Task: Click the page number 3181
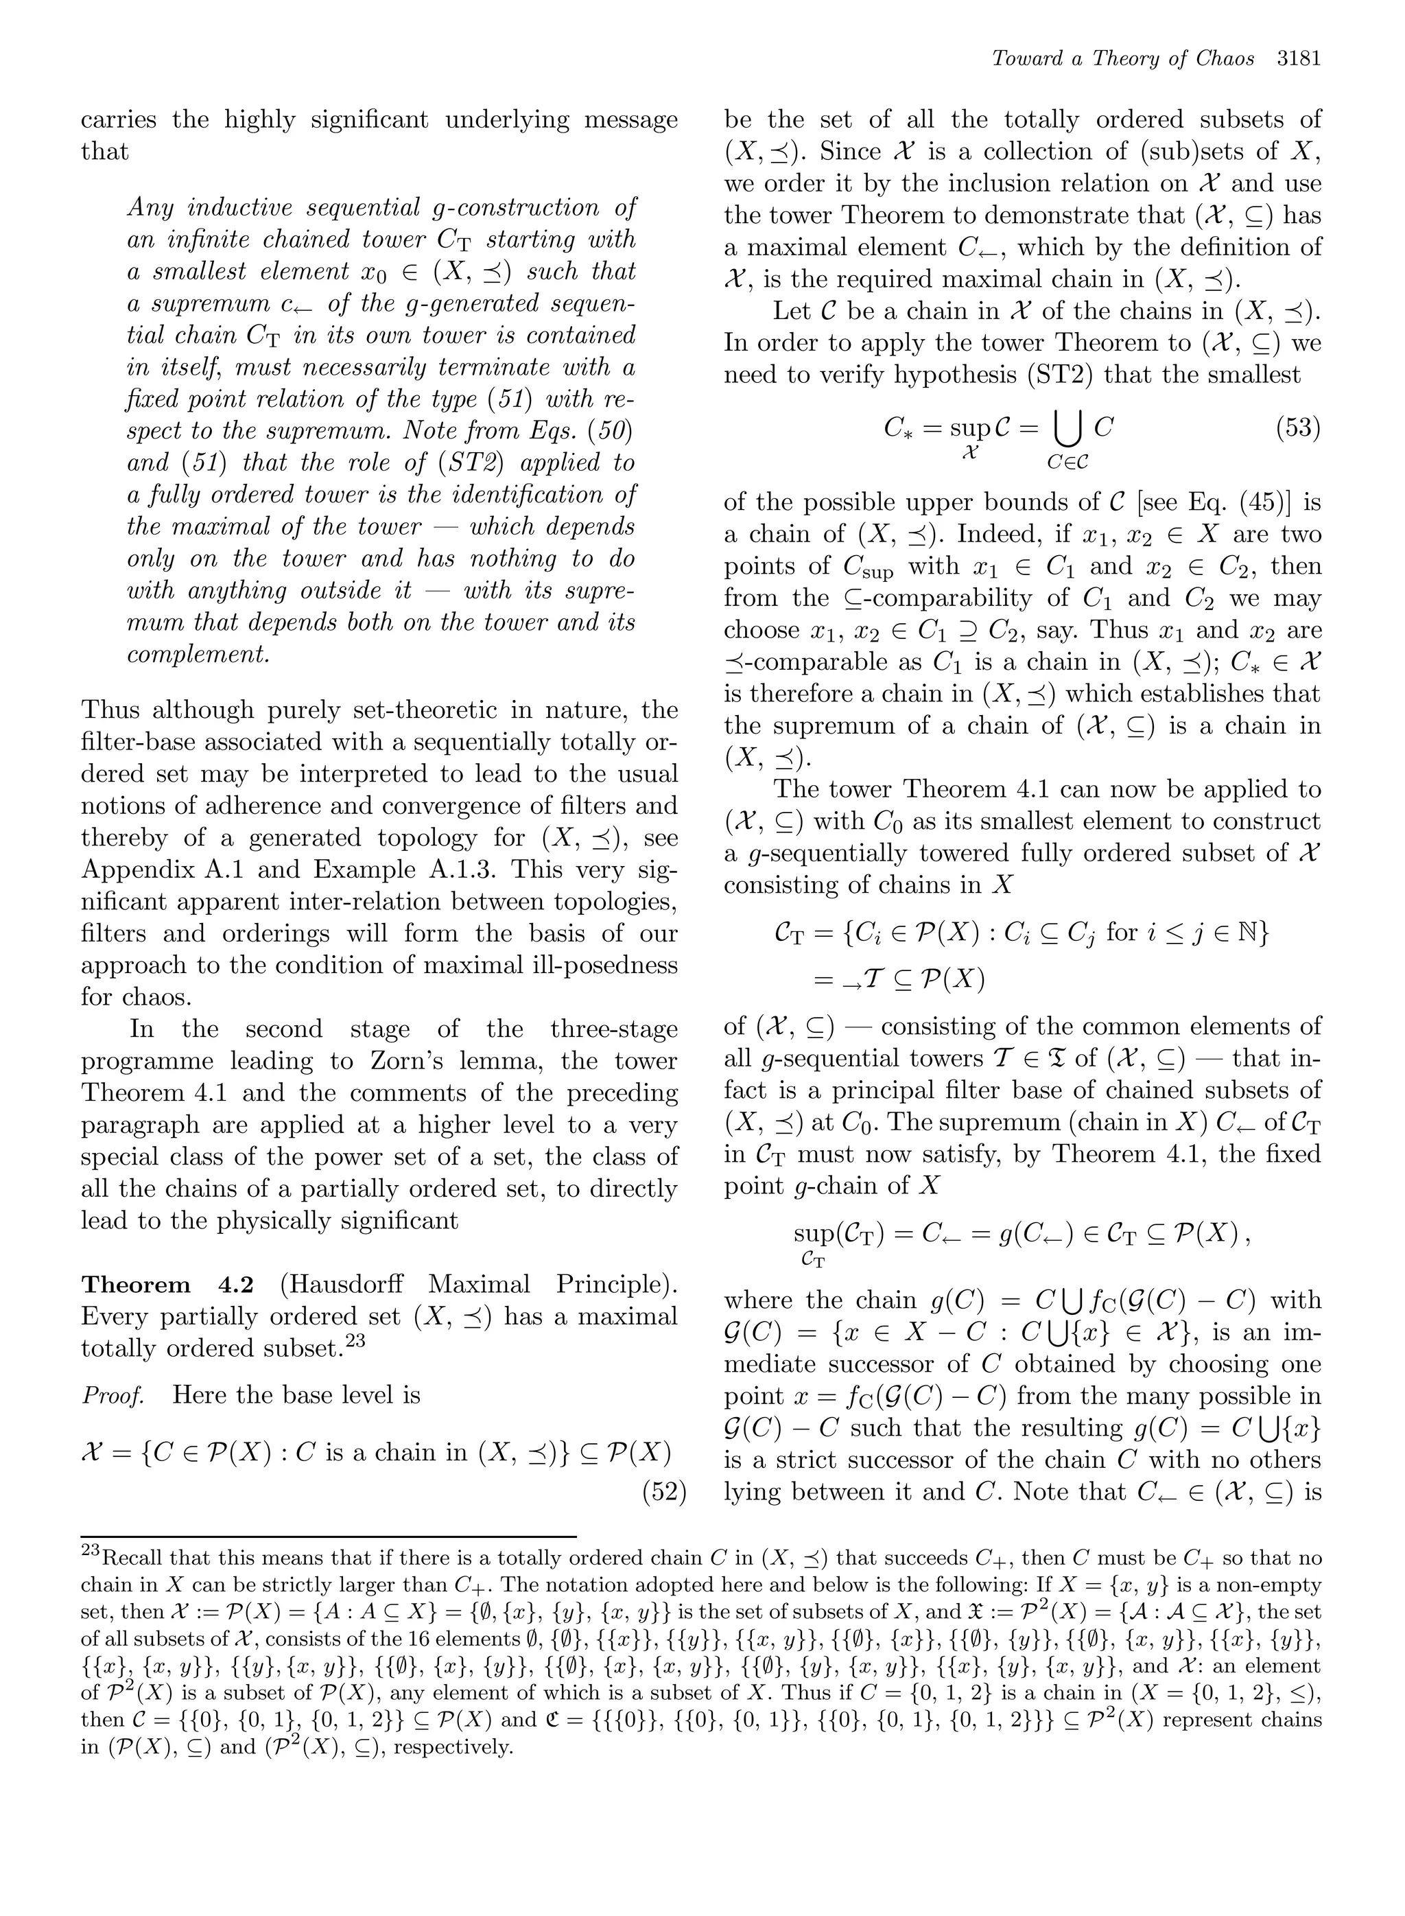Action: coord(1298,59)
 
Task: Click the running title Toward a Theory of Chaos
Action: coord(1122,59)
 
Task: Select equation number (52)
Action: coord(663,1493)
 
